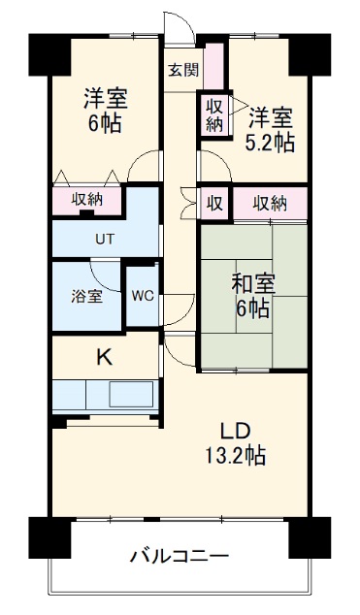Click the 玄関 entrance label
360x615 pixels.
[182, 70]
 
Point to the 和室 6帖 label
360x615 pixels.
[252, 296]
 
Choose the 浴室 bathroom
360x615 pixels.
[87, 297]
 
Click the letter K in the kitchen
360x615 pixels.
[103, 357]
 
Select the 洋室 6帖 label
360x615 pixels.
[105, 110]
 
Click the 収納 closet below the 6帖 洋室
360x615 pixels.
[87, 200]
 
